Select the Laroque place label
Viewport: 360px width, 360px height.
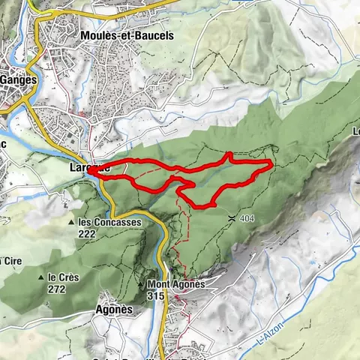tap(89, 169)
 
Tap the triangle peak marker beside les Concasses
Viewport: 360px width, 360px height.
tap(70, 223)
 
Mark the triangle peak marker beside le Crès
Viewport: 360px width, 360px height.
tap(42, 276)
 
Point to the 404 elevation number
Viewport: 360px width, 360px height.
tap(248, 218)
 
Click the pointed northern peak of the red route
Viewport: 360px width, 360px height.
tap(229, 154)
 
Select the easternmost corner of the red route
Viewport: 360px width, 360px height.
tap(270, 162)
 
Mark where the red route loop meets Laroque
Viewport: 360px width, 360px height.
tap(91, 170)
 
